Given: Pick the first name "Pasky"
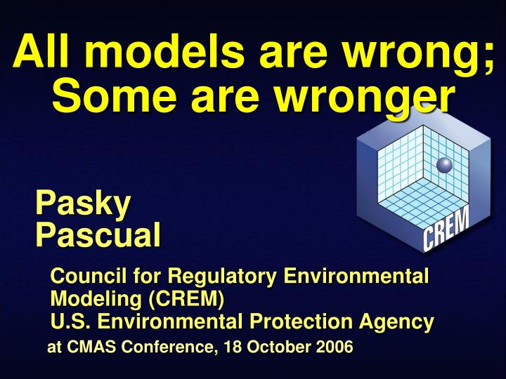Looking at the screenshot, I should [x=83, y=204].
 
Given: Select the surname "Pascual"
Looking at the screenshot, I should [x=98, y=234].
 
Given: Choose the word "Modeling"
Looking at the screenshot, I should [x=96, y=299].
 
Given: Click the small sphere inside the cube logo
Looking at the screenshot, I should [x=444, y=166].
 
